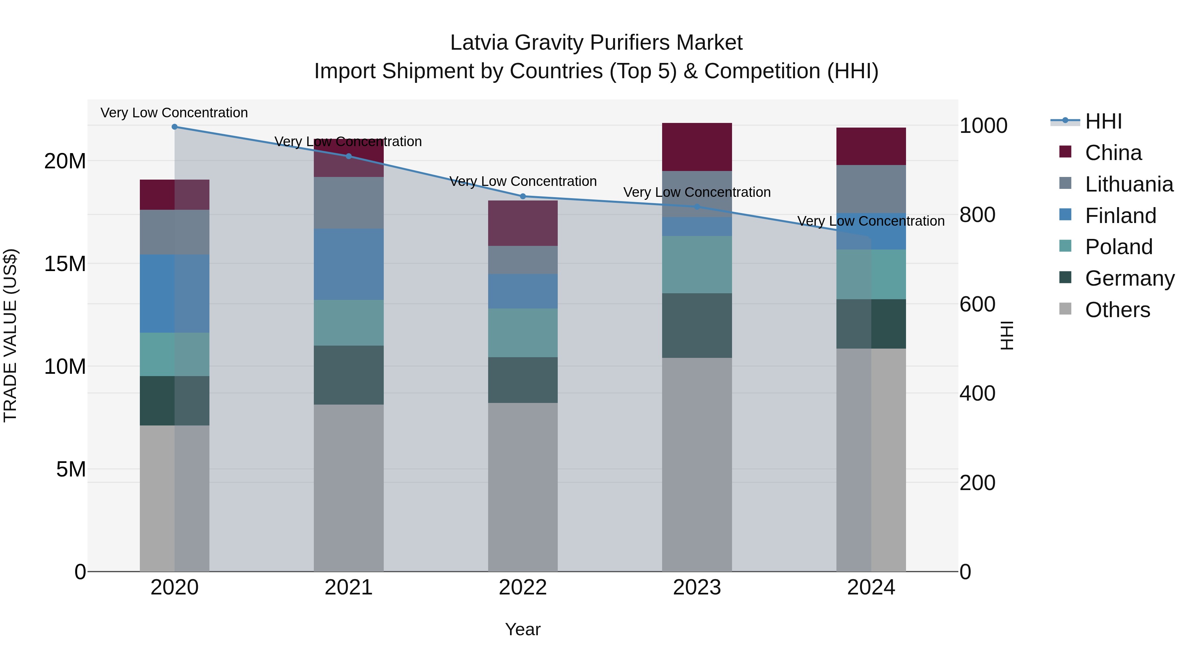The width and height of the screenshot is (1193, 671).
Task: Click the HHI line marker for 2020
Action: (x=175, y=127)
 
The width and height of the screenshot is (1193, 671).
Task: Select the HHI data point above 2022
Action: (x=523, y=196)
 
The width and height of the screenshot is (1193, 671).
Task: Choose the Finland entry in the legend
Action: (x=1120, y=216)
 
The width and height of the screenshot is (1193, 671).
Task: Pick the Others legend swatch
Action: (x=1066, y=309)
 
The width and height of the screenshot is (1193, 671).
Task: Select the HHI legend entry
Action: (x=1103, y=121)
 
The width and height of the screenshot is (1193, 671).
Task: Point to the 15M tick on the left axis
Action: (x=65, y=264)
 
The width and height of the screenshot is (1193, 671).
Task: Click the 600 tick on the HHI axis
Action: (x=977, y=304)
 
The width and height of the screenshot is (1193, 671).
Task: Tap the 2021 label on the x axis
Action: (x=348, y=587)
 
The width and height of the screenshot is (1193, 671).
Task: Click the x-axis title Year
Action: (x=523, y=629)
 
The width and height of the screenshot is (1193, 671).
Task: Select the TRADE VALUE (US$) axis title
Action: (x=10, y=335)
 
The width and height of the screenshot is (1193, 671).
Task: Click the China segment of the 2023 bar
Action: (x=697, y=147)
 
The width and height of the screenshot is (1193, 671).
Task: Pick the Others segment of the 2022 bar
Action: (x=523, y=486)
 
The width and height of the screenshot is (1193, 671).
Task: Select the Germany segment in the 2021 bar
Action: (x=348, y=375)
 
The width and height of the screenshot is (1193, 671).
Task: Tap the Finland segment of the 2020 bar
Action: (x=175, y=293)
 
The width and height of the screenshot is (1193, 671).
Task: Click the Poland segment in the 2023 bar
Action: (x=697, y=264)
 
